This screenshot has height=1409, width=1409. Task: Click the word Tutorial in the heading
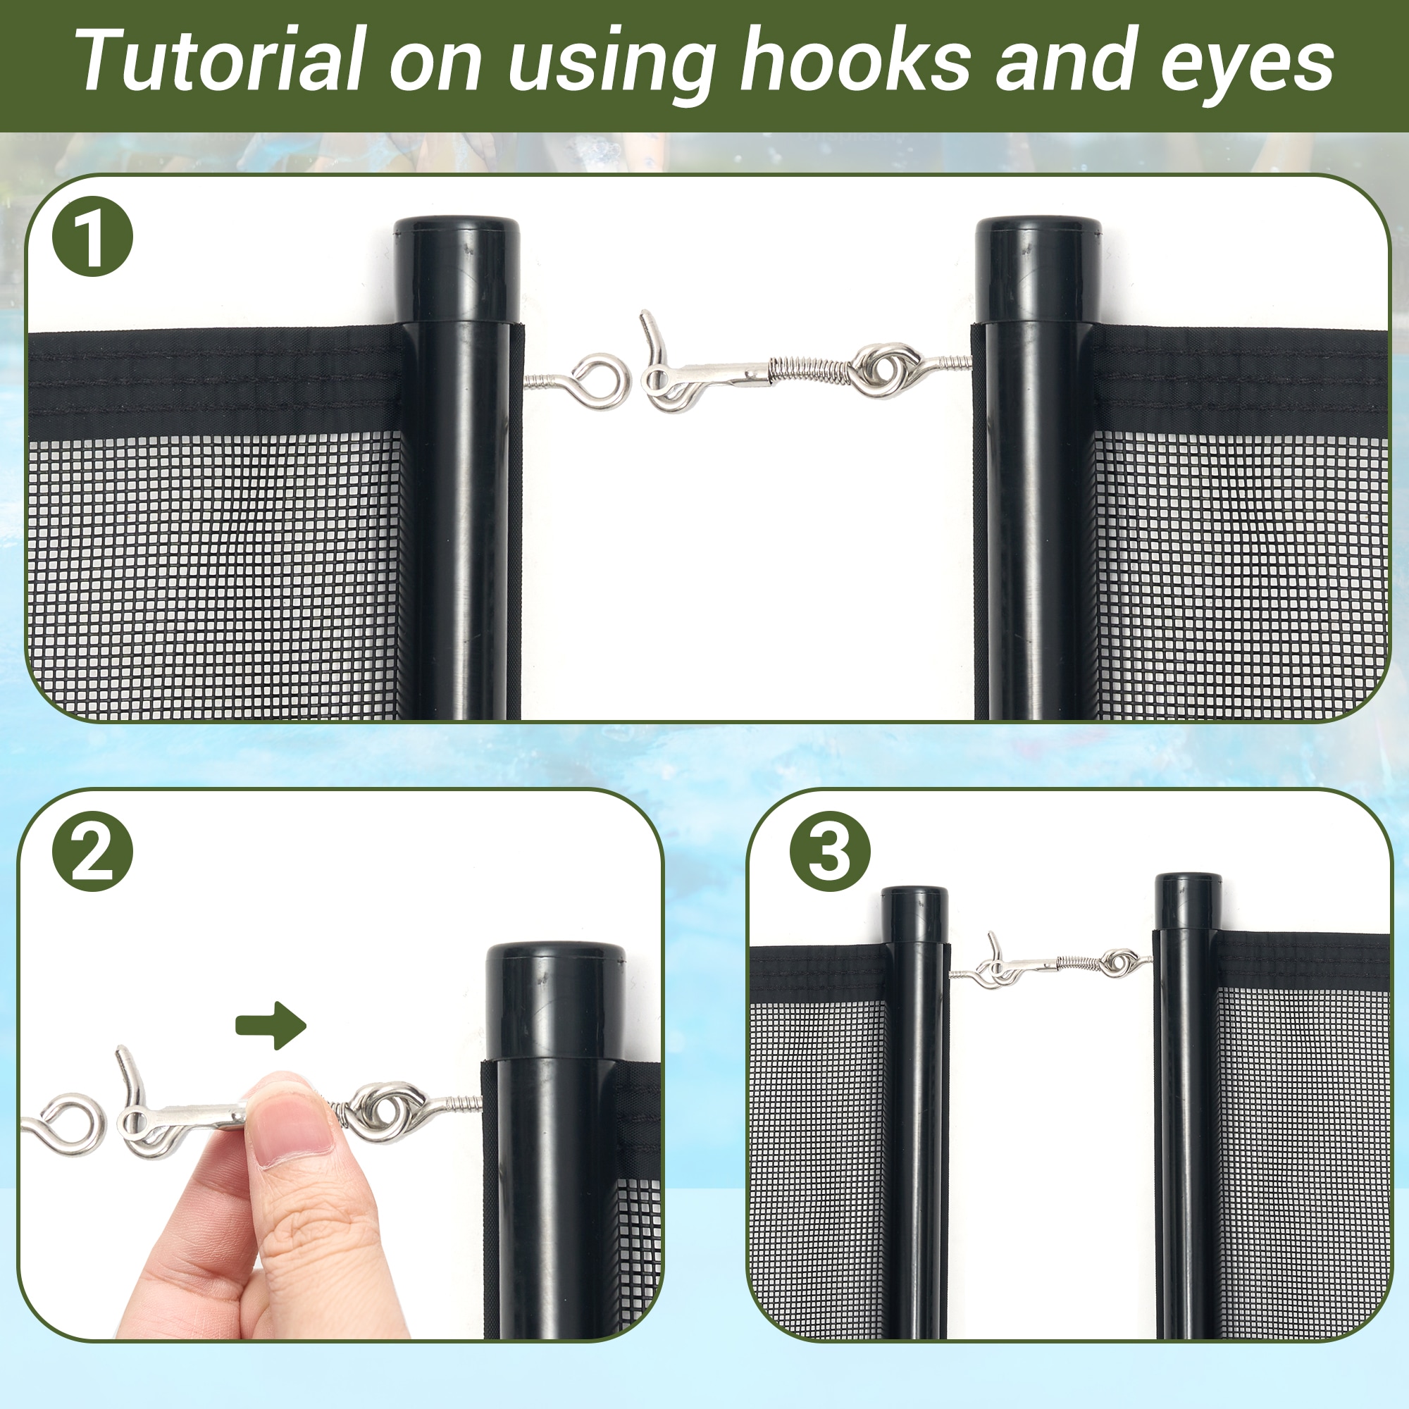[x=219, y=60]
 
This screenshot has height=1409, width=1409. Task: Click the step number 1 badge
[x=92, y=236]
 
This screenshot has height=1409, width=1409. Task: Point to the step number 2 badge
[x=92, y=851]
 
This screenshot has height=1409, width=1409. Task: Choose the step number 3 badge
[x=831, y=851]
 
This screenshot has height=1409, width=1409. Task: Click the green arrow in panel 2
[x=271, y=1025]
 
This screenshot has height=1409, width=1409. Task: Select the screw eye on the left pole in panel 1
[x=583, y=381]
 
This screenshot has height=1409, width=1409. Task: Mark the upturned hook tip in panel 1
[x=645, y=314]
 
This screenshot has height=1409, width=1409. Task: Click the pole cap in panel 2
[x=556, y=1000]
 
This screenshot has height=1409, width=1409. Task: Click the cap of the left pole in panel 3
[x=914, y=914]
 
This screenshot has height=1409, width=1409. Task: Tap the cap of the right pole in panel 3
[x=1188, y=902]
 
